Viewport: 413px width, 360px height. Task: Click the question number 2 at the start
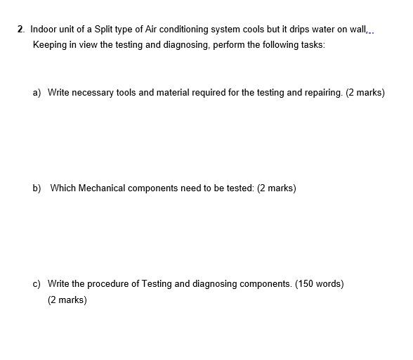tap(20, 30)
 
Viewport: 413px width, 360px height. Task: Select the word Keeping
tap(49, 45)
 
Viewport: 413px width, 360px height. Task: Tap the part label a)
tap(37, 92)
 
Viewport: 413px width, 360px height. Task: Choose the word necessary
tap(91, 92)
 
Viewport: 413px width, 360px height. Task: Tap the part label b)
tap(37, 188)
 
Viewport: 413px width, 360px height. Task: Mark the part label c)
tap(37, 284)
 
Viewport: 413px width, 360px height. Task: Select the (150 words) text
tap(319, 284)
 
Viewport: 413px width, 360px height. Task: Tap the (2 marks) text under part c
tap(67, 300)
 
